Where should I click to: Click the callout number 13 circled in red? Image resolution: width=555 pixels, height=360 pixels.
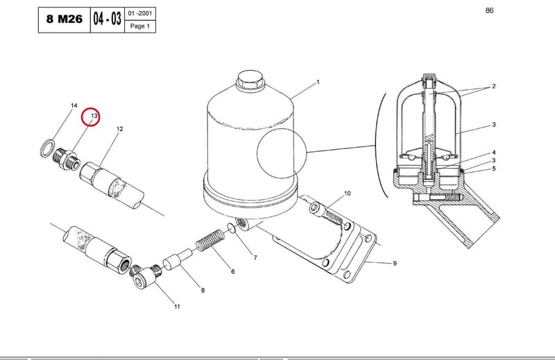click(x=94, y=116)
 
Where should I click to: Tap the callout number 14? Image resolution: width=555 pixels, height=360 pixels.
click(x=74, y=105)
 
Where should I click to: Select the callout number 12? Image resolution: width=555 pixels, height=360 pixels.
click(x=119, y=129)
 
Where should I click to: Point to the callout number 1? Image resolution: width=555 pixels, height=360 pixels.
click(x=318, y=82)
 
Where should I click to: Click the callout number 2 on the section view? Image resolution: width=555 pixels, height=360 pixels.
click(x=494, y=86)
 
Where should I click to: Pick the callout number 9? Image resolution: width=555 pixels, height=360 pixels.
click(x=395, y=263)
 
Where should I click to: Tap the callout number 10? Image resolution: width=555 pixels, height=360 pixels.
click(x=348, y=194)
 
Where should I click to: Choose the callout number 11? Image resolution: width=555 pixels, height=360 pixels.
click(x=177, y=307)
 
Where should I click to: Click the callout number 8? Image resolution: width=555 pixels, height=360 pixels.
click(x=203, y=290)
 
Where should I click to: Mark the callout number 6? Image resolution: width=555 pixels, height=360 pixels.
click(x=232, y=271)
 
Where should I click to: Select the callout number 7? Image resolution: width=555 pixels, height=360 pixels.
click(x=255, y=258)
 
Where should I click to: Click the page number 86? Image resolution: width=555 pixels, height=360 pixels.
click(x=489, y=10)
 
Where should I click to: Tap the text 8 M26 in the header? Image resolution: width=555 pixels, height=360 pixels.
click(x=65, y=19)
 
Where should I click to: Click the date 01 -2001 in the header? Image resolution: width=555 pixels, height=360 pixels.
click(x=140, y=13)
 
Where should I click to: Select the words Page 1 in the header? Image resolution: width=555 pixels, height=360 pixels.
click(x=140, y=26)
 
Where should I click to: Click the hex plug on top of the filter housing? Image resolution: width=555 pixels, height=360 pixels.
click(x=250, y=80)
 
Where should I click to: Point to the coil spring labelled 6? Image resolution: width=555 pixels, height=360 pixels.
click(x=210, y=239)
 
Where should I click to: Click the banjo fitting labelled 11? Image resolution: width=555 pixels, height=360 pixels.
click(x=145, y=277)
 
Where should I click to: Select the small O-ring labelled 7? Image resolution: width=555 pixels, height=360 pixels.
click(x=232, y=228)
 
